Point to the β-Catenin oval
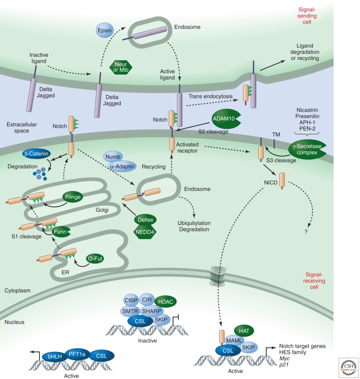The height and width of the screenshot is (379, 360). coord(38,154)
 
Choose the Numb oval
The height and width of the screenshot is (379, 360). coord(112,157)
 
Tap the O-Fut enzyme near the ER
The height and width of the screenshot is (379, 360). coord(93,258)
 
